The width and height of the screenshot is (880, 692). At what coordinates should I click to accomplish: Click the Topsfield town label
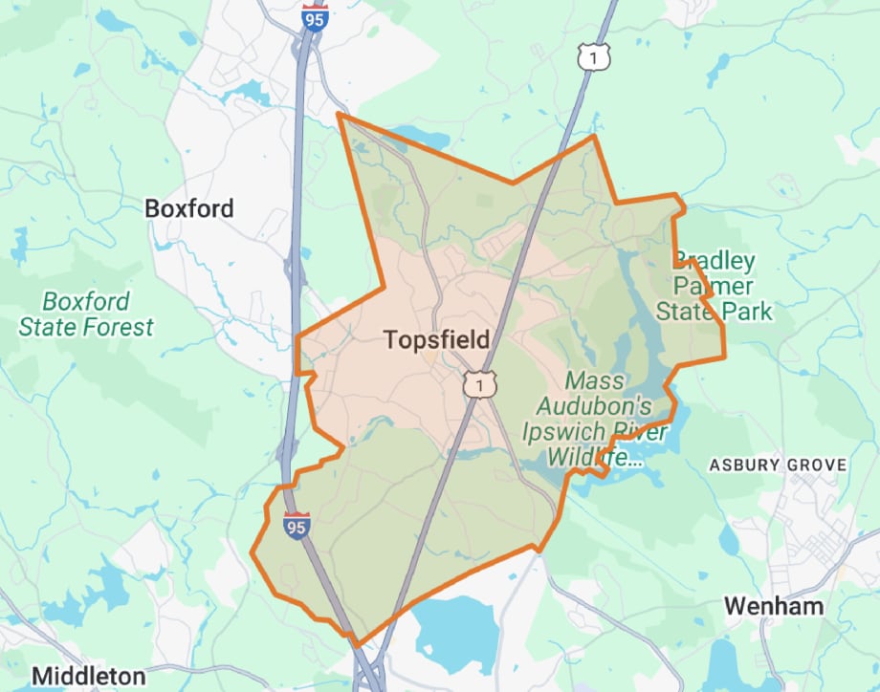pos(436,339)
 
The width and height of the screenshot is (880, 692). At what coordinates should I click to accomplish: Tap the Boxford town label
pos(188,207)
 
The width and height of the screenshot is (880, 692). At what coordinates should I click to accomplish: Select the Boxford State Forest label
pos(85,314)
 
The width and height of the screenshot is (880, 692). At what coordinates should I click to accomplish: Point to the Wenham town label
pos(774,605)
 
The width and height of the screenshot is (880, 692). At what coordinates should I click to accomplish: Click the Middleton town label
pos(88,675)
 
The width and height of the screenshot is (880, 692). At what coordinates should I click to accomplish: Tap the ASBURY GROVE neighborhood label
pos(777,465)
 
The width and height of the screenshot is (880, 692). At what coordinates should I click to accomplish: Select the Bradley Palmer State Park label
pos(714,286)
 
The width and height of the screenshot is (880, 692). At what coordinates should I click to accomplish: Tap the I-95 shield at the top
pos(315,15)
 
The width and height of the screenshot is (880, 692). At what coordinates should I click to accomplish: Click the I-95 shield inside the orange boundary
pos(297,524)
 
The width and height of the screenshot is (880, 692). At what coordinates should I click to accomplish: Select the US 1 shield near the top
pos(593,58)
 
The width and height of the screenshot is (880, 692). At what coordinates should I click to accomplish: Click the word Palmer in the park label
pos(714,286)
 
